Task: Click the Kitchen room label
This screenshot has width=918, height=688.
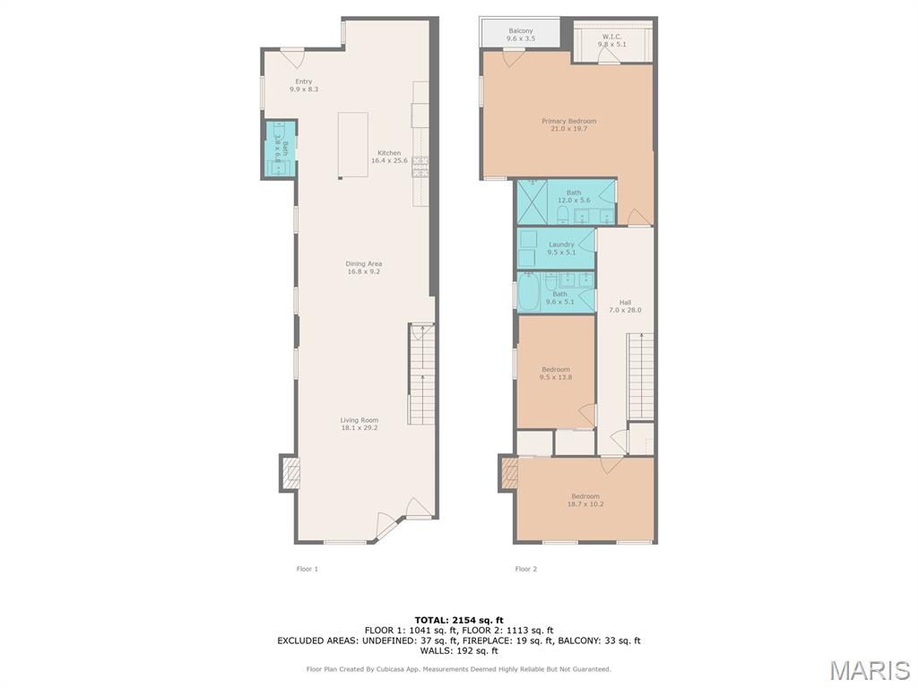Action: tap(389, 157)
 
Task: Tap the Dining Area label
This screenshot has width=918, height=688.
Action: tap(364, 267)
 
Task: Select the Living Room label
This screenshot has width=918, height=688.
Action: tap(359, 424)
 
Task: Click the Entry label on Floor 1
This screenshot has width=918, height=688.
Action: tap(304, 85)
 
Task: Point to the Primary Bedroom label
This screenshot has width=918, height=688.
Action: tap(568, 125)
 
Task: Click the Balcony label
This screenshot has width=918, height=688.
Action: tap(521, 35)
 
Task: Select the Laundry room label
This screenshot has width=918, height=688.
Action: tap(561, 248)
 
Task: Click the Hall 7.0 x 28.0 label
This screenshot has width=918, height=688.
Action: tap(625, 305)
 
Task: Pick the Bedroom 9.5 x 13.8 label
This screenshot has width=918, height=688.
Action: tap(556, 373)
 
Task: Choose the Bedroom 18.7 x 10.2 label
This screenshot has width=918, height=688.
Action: tap(585, 500)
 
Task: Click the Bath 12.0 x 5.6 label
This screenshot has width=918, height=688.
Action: tap(574, 196)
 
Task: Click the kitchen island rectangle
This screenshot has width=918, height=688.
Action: tap(352, 145)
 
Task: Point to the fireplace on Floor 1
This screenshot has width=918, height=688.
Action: tap(290, 473)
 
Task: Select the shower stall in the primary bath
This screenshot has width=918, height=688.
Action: tap(532, 202)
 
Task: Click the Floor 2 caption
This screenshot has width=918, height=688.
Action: tap(525, 569)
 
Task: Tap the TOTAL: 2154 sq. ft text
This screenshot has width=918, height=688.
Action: tap(459, 620)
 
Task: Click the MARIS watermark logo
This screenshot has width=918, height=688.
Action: tap(869, 670)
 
